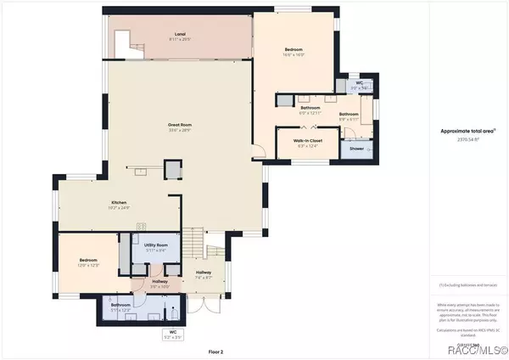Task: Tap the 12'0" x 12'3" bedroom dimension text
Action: [x=88, y=266]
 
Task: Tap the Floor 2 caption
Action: [x=193, y=350]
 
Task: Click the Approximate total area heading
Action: [x=468, y=131]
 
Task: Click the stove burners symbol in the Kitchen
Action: [x=142, y=227]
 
